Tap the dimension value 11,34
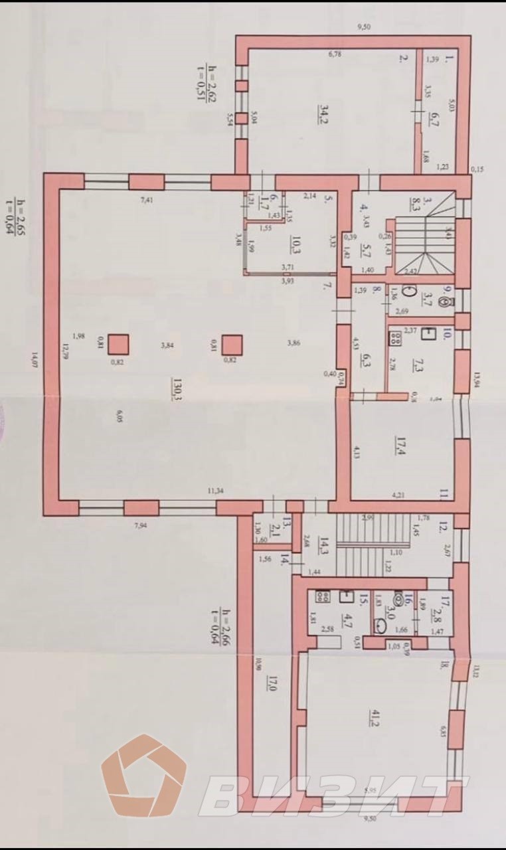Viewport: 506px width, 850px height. [215, 491]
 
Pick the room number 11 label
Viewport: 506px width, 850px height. [444, 494]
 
